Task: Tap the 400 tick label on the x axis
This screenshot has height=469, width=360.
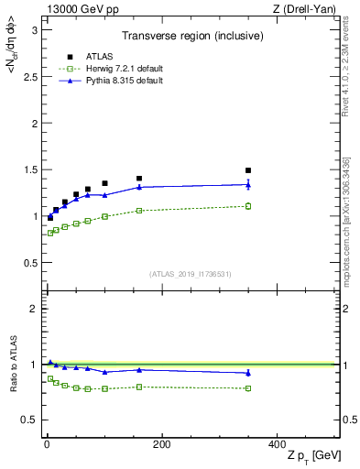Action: pos(276,443)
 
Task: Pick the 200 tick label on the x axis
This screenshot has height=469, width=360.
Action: pos(161,443)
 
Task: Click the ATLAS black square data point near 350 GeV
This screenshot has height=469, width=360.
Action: pos(247,170)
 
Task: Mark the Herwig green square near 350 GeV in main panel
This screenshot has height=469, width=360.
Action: pos(247,206)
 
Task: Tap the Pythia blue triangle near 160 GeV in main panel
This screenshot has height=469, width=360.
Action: pos(139,187)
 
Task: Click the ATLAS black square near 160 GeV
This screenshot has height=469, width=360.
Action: pos(139,179)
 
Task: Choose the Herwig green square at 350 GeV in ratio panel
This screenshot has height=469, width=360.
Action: pos(247,388)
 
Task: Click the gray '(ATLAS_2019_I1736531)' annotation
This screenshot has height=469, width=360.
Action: pos(191,273)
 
